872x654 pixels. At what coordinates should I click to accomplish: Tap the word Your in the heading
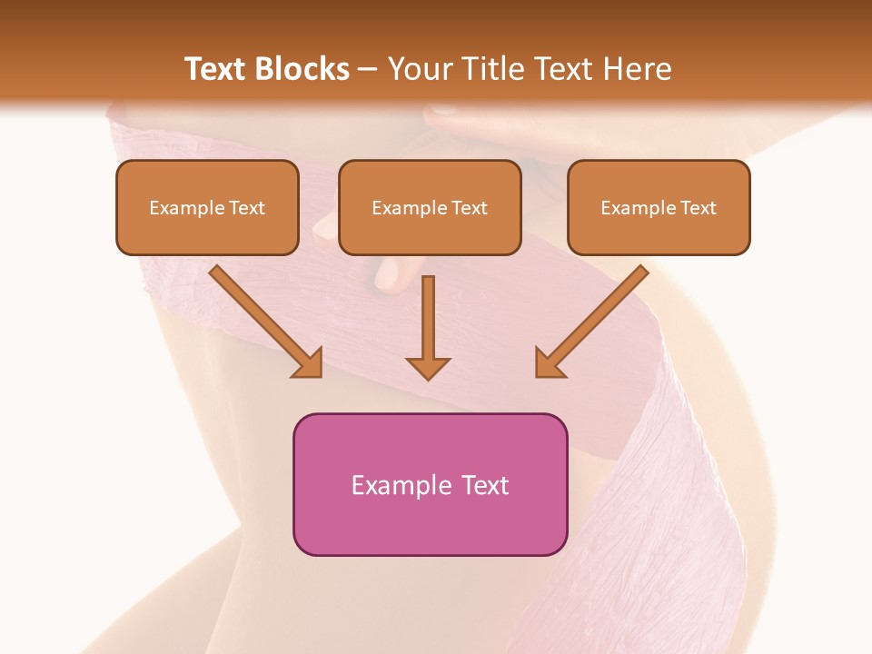tap(419, 69)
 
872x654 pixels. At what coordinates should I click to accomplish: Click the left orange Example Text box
tap(207, 207)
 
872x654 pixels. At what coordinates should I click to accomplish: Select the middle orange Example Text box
tap(430, 207)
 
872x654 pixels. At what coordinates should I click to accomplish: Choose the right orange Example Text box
tap(659, 207)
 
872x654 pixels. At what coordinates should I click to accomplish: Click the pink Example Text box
tap(430, 484)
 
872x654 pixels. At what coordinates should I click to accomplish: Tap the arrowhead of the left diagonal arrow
tap(309, 363)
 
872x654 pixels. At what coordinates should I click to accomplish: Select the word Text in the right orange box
tap(698, 208)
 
